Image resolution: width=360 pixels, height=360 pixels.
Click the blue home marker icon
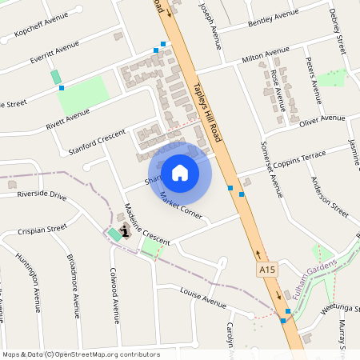pos(180,172)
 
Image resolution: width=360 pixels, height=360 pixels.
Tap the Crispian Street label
pos(41,230)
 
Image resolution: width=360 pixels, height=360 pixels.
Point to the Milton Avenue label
pos(265,54)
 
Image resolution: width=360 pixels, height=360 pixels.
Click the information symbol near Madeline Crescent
pos(124,232)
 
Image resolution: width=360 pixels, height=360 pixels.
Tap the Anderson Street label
pos(329,197)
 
